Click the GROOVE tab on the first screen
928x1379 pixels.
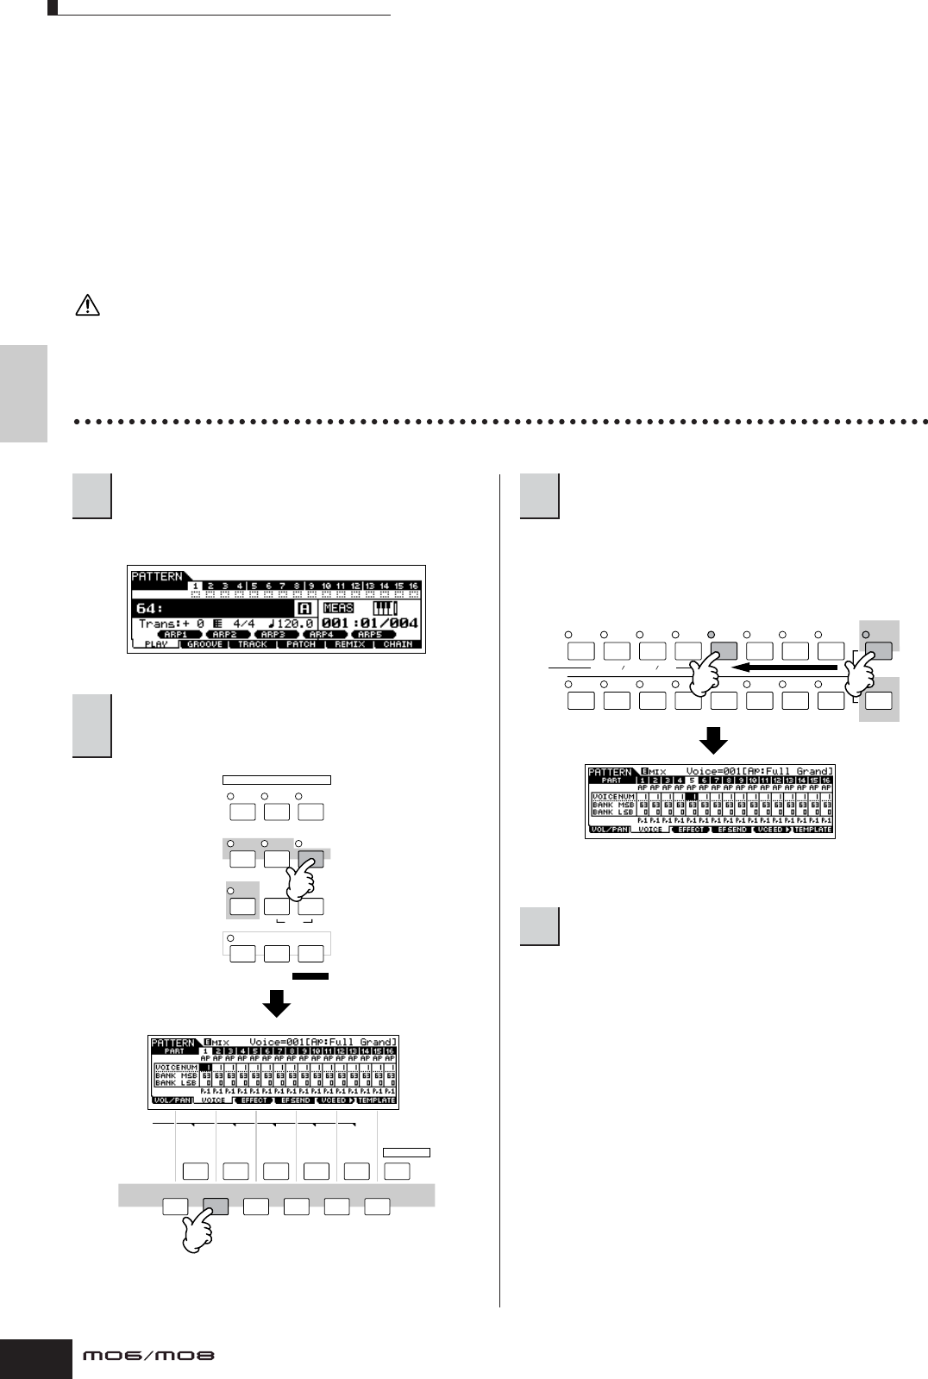coord(204,644)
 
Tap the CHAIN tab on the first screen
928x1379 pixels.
coord(398,644)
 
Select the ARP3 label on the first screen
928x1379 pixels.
coord(273,634)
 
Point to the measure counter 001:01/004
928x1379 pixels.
coord(369,623)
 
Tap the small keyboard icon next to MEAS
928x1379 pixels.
coord(385,608)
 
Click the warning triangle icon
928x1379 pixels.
coord(89,306)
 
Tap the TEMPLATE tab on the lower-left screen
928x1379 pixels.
coord(377,1100)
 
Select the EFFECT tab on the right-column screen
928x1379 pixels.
coord(692,830)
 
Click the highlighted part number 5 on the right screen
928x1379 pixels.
coord(691,780)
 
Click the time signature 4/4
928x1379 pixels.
coord(242,623)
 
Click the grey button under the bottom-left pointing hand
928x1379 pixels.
coord(215,1207)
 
